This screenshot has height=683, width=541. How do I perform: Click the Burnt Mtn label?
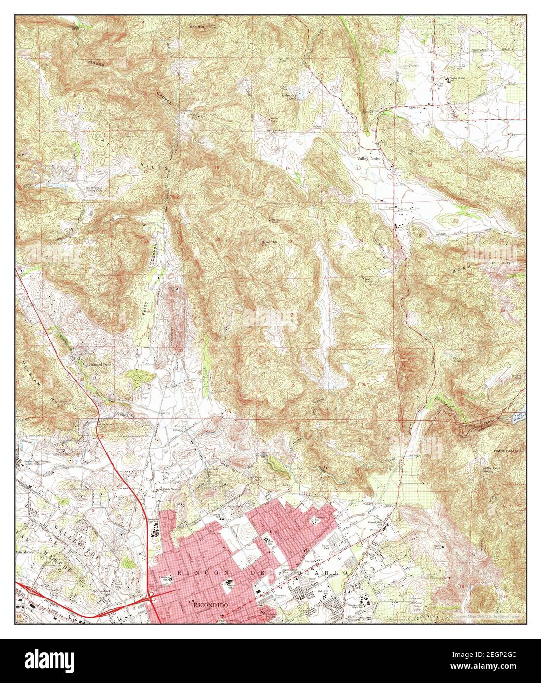pos(269,242)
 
